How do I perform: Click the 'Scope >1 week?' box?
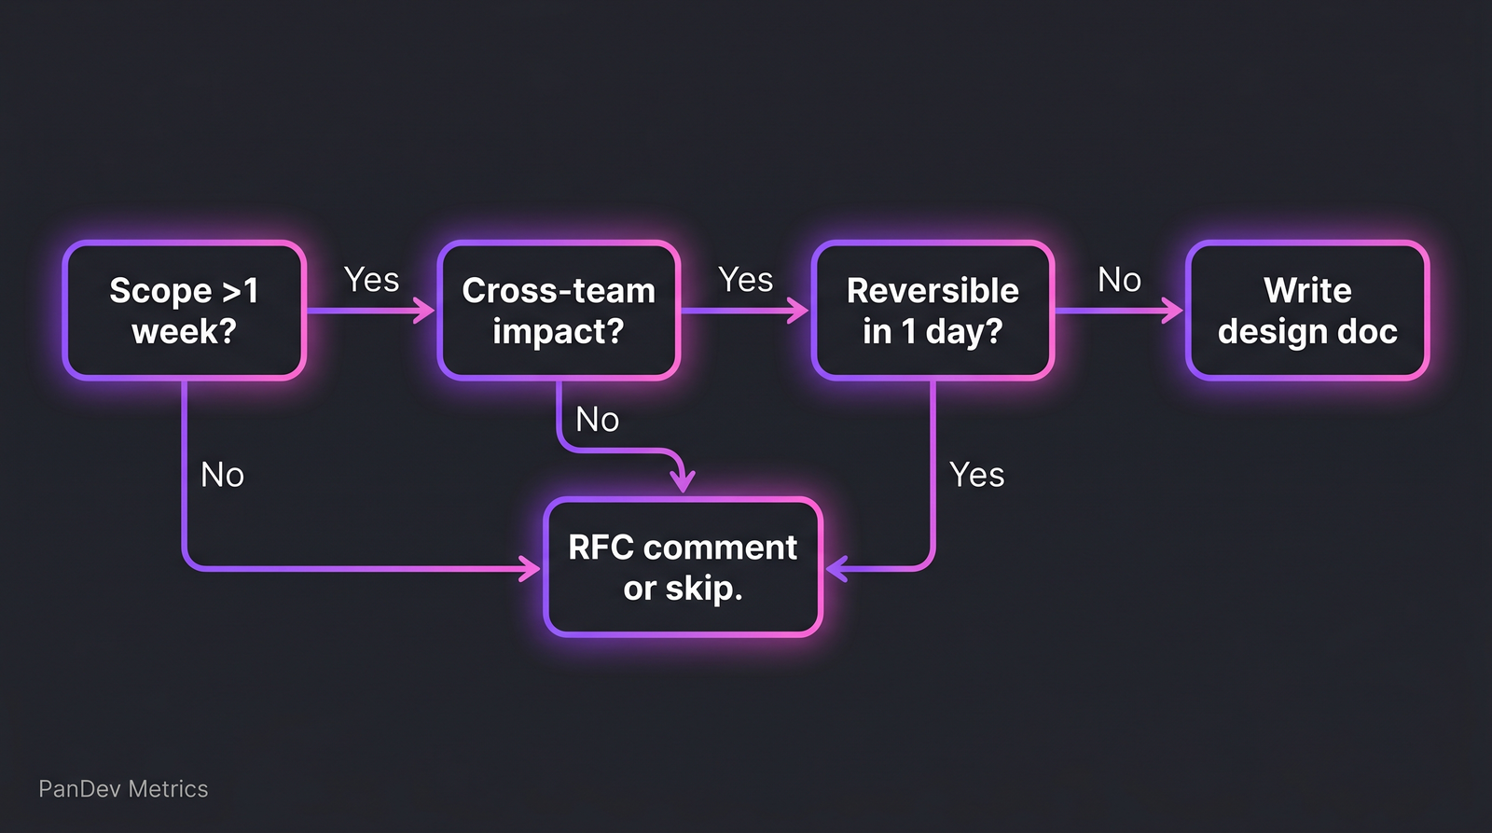click(x=185, y=311)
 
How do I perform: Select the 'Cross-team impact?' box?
click(x=559, y=311)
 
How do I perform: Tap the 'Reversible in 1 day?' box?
click(x=932, y=311)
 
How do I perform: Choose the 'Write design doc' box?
click(x=1307, y=311)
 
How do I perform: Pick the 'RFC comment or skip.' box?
click(x=683, y=567)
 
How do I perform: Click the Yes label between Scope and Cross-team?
click(x=371, y=280)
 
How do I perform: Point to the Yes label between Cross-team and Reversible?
click(x=745, y=280)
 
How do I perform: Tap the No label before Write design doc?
click(x=1119, y=280)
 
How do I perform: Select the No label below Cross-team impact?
click(x=597, y=420)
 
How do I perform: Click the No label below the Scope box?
click(x=222, y=475)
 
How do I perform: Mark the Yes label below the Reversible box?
click(x=976, y=475)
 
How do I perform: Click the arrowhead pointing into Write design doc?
click(x=1173, y=311)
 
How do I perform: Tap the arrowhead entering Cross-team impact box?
click(x=426, y=311)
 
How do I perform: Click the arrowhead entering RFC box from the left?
click(x=532, y=568)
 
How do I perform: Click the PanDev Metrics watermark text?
click(x=123, y=789)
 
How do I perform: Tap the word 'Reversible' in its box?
click(x=932, y=291)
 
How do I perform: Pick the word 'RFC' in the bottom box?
click(x=601, y=548)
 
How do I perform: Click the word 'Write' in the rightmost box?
click(x=1307, y=291)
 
